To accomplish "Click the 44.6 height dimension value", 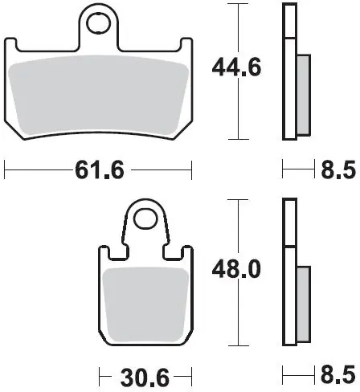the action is pyautogui.click(x=236, y=67).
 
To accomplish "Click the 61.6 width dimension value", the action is pyautogui.click(x=100, y=169).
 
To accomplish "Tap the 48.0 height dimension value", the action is pyautogui.click(x=236, y=269).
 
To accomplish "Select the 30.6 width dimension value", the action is pyautogui.click(x=145, y=378).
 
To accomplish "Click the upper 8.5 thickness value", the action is pyautogui.click(x=338, y=169).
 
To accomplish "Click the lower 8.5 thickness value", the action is pyautogui.click(x=338, y=375).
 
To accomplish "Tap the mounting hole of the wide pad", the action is pyautogui.click(x=99, y=22).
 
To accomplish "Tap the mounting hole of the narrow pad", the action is pyautogui.click(x=145, y=218).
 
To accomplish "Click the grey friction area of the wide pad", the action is pyautogui.click(x=98, y=95).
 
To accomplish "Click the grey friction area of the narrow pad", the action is pyautogui.click(x=146, y=304).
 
